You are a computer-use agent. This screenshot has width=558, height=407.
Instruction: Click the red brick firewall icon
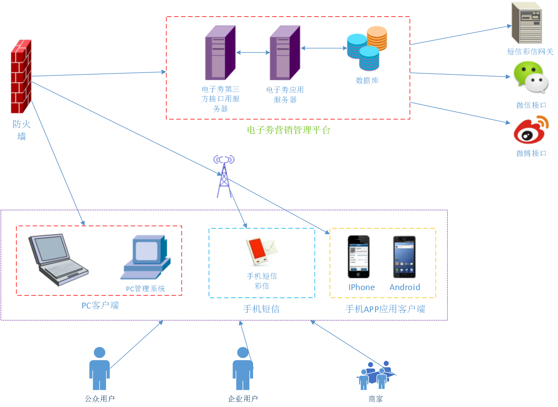point(21,76)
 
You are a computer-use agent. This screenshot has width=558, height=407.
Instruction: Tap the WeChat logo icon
point(531,78)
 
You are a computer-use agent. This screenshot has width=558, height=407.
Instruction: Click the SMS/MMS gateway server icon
point(527,23)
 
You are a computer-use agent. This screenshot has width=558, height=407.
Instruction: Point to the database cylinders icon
point(367,48)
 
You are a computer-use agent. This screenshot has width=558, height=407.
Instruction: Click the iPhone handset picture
point(358,257)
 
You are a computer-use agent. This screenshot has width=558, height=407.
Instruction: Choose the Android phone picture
point(404,257)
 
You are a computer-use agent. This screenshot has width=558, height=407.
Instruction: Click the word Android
point(405,287)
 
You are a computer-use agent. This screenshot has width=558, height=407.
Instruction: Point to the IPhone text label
point(361,287)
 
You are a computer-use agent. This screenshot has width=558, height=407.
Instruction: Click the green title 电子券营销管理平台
point(288,130)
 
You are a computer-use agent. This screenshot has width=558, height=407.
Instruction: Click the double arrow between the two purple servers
point(253,52)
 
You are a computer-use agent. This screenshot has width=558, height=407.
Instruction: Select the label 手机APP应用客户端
point(385,309)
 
